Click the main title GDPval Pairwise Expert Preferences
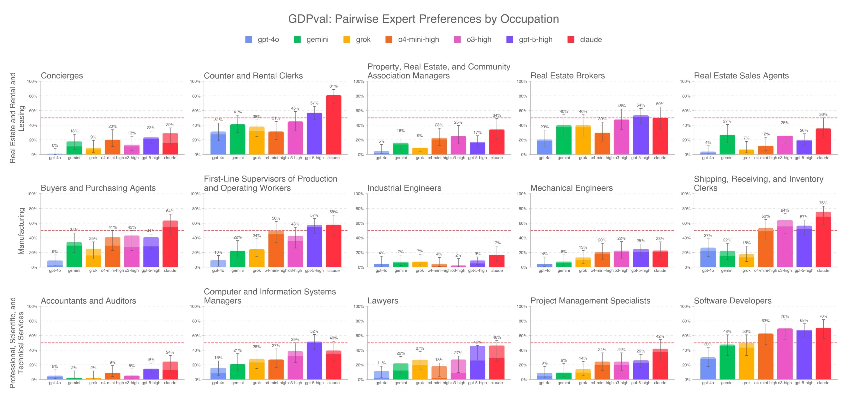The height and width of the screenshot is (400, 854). click(x=423, y=19)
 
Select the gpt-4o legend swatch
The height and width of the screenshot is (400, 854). click(x=249, y=39)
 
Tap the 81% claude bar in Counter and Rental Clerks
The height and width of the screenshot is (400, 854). click(x=333, y=125)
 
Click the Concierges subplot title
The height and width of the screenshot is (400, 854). click(x=62, y=76)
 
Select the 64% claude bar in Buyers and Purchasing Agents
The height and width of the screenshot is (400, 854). click(x=170, y=244)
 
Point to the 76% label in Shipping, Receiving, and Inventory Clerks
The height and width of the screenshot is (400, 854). click(x=823, y=203)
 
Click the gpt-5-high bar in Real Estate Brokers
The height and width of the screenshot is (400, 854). click(x=640, y=135)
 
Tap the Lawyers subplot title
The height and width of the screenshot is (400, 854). click(x=383, y=301)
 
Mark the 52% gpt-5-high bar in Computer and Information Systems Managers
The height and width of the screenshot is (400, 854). click(x=314, y=361)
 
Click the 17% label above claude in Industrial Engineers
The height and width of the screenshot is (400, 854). click(x=497, y=243)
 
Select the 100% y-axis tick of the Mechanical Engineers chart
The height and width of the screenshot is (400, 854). click(x=522, y=194)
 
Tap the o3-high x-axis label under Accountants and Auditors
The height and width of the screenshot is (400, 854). click(x=132, y=383)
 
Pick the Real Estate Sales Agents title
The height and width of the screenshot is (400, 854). click(x=741, y=76)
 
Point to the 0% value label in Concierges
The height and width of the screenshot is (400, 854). click(x=55, y=145)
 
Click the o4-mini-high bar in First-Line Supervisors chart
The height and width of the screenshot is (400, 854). click(x=276, y=249)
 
